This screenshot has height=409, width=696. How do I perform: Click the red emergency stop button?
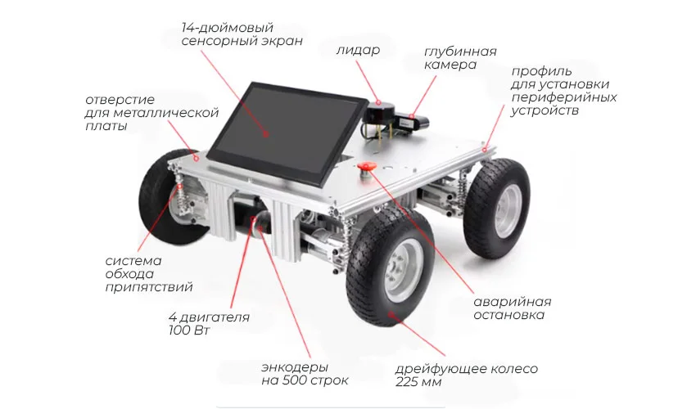pyautogui.click(x=367, y=167)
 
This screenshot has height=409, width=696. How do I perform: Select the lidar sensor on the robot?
pyautogui.click(x=378, y=113)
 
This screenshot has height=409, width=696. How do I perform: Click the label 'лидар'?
pyautogui.click(x=358, y=50)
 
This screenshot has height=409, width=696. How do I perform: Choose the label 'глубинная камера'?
pyautogui.click(x=460, y=58)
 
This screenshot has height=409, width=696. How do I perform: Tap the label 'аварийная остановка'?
pyautogui.click(x=513, y=308)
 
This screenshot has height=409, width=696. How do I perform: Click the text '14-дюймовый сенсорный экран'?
pyautogui.click(x=242, y=34)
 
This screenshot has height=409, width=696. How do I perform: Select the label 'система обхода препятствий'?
pyautogui.click(x=149, y=274)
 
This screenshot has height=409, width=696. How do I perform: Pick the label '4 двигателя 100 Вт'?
pyautogui.click(x=209, y=323)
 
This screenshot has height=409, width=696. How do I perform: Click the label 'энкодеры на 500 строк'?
pyautogui.click(x=305, y=374)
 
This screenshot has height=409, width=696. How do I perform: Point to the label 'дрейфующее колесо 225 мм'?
pyautogui.click(x=466, y=375)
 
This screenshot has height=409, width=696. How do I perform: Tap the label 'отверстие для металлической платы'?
pyautogui.click(x=151, y=113)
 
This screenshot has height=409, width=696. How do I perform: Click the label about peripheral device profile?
pyautogui.click(x=563, y=91)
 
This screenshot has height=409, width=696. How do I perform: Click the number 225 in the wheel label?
pyautogui.click(x=408, y=382)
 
